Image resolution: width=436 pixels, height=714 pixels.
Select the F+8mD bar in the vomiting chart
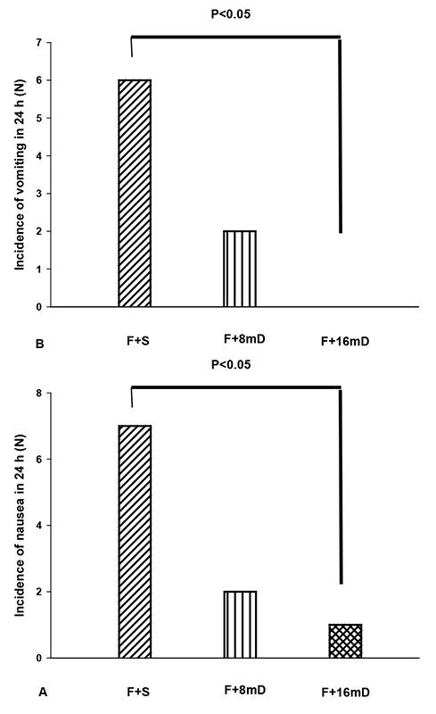click(239, 269)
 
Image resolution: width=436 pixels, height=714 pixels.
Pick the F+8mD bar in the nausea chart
click(239, 624)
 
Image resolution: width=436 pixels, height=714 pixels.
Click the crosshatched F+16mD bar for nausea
click(344, 641)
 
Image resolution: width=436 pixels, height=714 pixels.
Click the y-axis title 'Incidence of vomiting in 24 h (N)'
click(17, 175)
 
